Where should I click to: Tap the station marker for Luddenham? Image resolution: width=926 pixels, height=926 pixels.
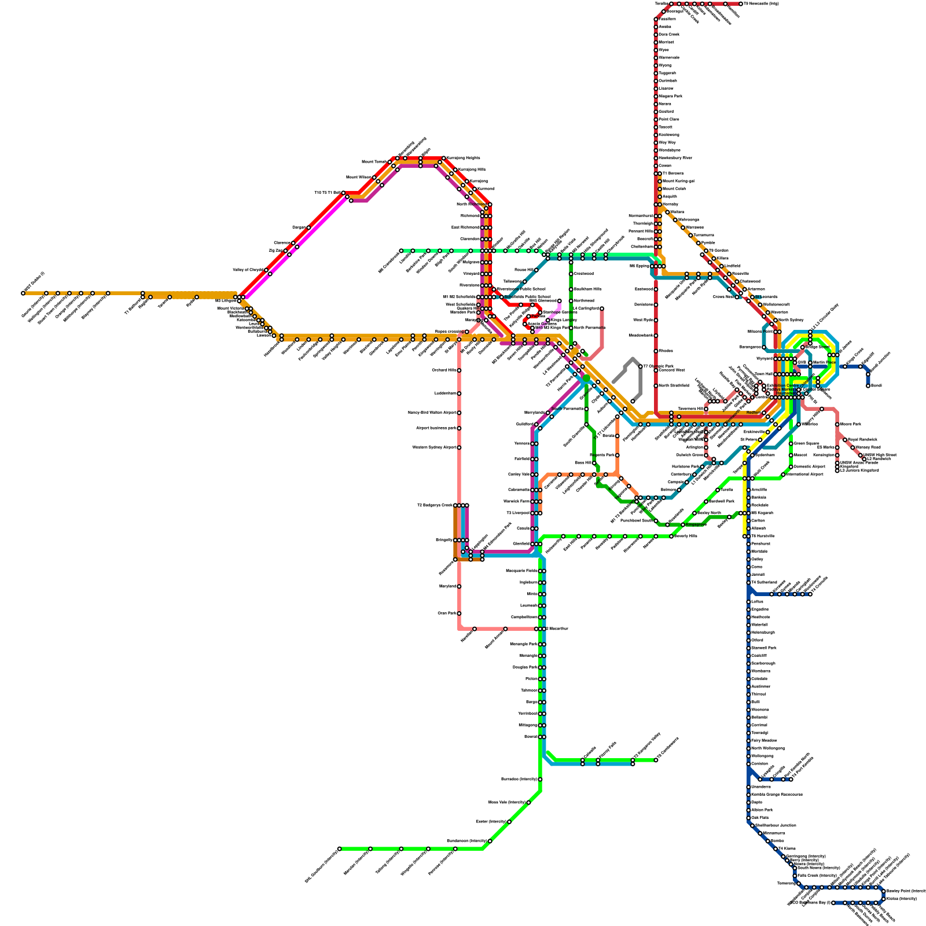point(459,394)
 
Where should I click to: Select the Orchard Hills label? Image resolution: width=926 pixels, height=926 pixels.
point(444,370)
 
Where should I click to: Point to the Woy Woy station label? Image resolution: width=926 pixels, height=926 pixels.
point(667,142)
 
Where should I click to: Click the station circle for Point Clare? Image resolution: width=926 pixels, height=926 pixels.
point(656,119)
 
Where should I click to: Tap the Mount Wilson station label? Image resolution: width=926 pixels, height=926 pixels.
point(359,177)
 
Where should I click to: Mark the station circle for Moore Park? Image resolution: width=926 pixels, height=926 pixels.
point(837,424)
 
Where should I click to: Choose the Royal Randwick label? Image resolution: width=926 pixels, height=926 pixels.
point(862,440)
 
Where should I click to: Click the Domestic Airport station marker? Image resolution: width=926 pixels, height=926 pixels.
point(791,466)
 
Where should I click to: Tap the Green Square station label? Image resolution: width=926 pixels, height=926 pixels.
point(806,444)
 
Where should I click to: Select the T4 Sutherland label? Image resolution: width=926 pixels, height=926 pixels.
point(764,582)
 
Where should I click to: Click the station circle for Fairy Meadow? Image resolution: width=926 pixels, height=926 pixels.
point(748,740)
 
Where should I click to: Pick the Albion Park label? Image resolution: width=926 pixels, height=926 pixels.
point(762,810)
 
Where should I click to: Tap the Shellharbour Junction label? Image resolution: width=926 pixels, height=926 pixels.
point(776,825)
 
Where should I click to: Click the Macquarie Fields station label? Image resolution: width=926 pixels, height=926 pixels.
point(524,571)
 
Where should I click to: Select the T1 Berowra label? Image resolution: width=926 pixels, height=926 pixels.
point(673,174)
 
